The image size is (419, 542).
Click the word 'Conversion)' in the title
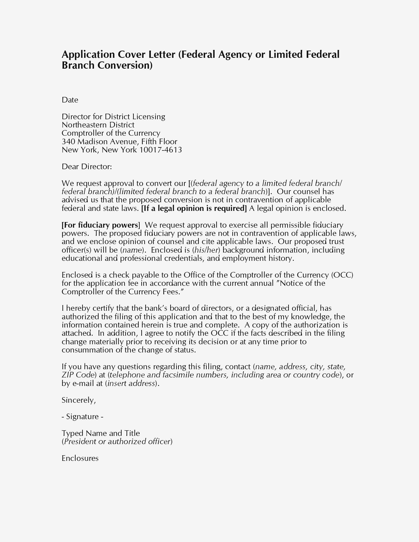coord(125,65)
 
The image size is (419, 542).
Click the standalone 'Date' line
coord(70,100)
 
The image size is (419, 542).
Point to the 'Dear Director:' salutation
coord(87,167)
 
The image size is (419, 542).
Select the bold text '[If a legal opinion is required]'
coord(194,208)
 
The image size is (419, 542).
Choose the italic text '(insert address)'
coord(131,384)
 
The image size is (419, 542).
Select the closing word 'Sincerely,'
coord(79,400)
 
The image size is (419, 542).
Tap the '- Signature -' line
coord(82,417)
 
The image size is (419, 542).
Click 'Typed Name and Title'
coord(101,433)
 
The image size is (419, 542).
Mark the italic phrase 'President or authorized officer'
coord(117,442)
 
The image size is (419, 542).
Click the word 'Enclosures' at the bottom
coord(80,459)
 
